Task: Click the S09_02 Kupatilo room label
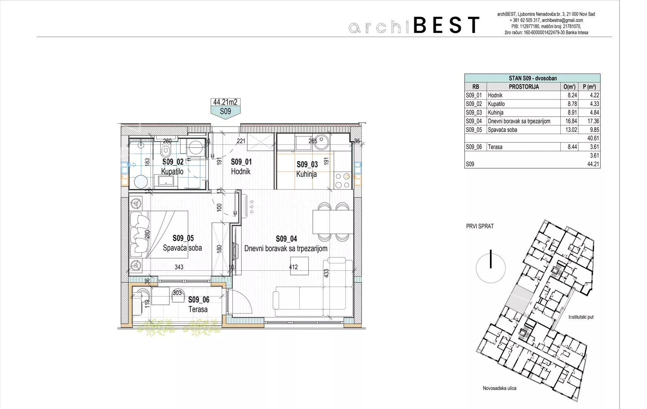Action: [x=173, y=167]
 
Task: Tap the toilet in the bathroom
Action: [x=165, y=150]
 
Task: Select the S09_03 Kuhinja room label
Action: [x=307, y=169]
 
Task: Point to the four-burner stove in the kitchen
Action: [x=343, y=180]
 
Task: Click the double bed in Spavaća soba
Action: [x=159, y=234]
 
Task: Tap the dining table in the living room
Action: [x=333, y=222]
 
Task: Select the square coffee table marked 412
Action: [x=300, y=266]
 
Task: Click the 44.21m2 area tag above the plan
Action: [x=225, y=102]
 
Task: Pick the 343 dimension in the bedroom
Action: [x=179, y=267]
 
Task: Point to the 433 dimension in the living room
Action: [x=327, y=273]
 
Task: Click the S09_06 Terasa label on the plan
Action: [x=199, y=304]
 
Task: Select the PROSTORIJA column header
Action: [x=524, y=87]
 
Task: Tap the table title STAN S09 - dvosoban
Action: [x=533, y=78]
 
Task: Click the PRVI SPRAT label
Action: [x=480, y=226]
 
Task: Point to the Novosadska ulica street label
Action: [x=499, y=388]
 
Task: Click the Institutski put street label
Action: [x=581, y=317]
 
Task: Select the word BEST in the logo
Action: [x=446, y=25]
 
